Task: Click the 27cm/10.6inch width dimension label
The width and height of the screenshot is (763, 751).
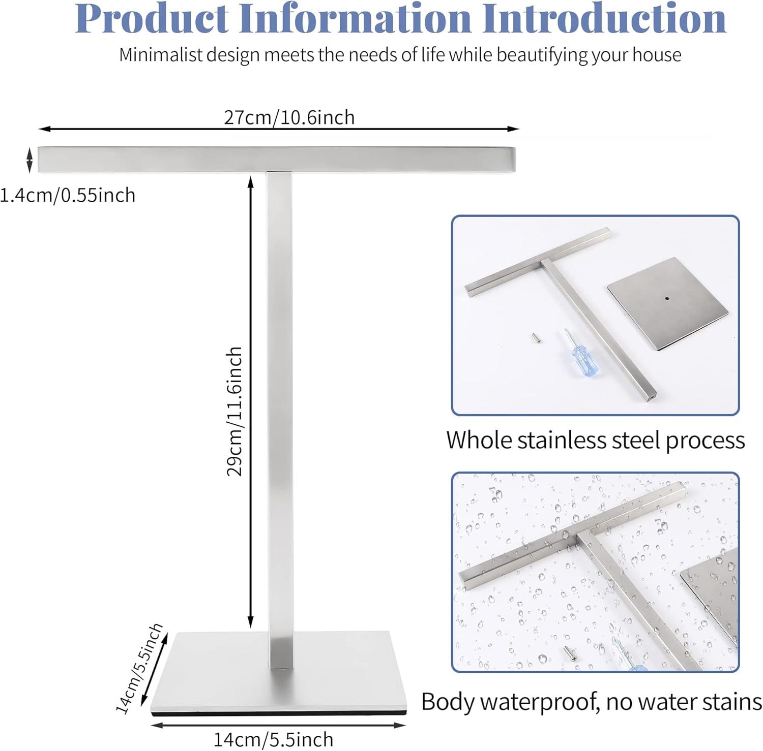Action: [x=289, y=118]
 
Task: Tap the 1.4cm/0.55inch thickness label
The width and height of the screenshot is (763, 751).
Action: [x=68, y=195]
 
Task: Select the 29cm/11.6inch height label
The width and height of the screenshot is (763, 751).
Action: [x=234, y=411]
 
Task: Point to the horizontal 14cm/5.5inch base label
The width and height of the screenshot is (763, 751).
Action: [x=273, y=739]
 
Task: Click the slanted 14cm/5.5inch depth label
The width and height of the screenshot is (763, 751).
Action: [x=139, y=668]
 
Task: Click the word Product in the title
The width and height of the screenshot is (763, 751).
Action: [x=153, y=19]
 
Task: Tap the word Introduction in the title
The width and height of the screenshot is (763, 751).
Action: [x=604, y=19]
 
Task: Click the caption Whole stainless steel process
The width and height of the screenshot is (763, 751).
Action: [x=595, y=440]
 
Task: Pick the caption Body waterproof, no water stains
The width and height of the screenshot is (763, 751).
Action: [x=591, y=702]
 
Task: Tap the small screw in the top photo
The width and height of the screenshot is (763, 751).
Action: [x=530, y=338]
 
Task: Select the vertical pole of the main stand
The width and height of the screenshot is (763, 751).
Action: [x=279, y=406]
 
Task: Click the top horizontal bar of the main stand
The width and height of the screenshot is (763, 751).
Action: [x=277, y=159]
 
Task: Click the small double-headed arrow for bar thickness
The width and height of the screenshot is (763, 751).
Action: [x=30, y=159]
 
